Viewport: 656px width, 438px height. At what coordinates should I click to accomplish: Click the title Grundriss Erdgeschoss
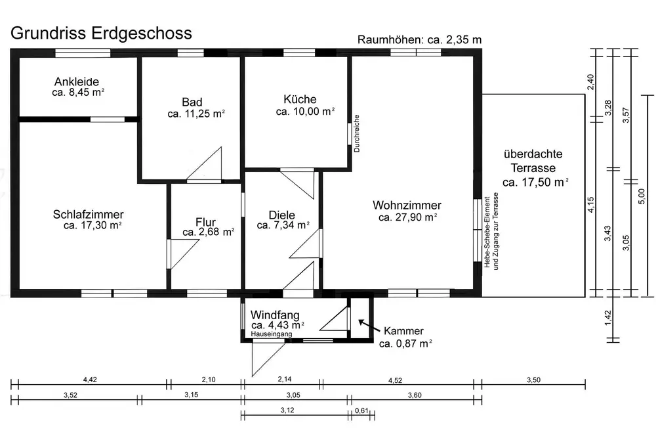101,33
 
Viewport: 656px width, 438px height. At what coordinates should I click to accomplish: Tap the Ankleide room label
77,82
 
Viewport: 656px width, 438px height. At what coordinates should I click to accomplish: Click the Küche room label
300,100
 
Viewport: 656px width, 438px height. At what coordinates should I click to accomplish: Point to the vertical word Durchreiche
357,133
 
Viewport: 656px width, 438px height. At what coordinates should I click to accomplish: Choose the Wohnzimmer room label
407,205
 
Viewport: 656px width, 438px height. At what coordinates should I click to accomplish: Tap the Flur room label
205,222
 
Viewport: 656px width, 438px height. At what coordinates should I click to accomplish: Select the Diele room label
282,215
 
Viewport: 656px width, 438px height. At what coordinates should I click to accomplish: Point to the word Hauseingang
271,334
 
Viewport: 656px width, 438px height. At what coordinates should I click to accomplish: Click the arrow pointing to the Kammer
367,326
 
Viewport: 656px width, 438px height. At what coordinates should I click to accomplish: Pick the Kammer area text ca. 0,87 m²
405,343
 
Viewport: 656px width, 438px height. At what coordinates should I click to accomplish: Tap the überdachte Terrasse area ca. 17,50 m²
535,182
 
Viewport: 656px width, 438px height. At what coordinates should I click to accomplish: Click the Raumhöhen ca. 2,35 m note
419,39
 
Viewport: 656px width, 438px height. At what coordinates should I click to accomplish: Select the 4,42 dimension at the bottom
90,380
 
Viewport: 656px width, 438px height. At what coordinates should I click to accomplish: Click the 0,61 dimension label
361,410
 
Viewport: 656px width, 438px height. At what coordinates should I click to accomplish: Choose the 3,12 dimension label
287,410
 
